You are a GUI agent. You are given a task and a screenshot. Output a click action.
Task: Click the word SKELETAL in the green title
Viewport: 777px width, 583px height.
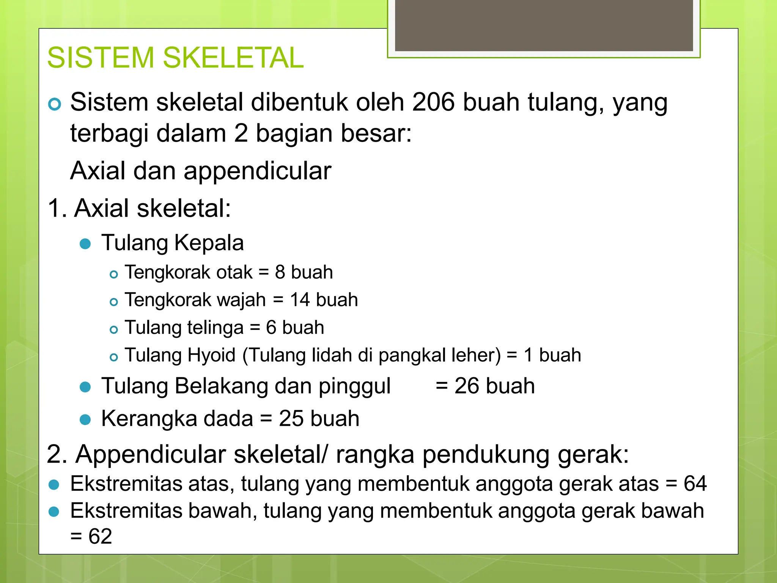click(x=233, y=58)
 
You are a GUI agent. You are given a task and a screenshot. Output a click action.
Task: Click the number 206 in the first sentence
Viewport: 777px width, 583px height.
click(x=433, y=102)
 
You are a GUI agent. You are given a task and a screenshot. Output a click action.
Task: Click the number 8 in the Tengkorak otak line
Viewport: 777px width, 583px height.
click(x=280, y=273)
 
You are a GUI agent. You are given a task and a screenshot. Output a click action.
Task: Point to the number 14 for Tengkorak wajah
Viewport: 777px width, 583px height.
click(x=300, y=300)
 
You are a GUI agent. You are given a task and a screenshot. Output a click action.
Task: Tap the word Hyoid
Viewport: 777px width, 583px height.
click(x=211, y=356)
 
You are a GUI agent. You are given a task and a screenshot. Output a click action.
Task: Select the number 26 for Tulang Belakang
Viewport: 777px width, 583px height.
click(x=467, y=386)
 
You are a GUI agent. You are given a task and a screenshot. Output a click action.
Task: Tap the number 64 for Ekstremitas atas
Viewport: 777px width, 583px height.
click(x=695, y=484)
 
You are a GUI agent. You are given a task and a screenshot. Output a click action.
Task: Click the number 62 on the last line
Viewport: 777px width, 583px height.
click(x=100, y=537)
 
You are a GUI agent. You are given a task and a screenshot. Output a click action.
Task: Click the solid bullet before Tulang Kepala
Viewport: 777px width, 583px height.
click(x=85, y=244)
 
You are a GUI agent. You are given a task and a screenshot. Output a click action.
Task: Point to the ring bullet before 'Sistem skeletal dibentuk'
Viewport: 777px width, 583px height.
click(x=55, y=104)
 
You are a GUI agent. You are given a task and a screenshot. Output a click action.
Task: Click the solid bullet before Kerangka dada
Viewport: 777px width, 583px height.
click(x=85, y=420)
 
